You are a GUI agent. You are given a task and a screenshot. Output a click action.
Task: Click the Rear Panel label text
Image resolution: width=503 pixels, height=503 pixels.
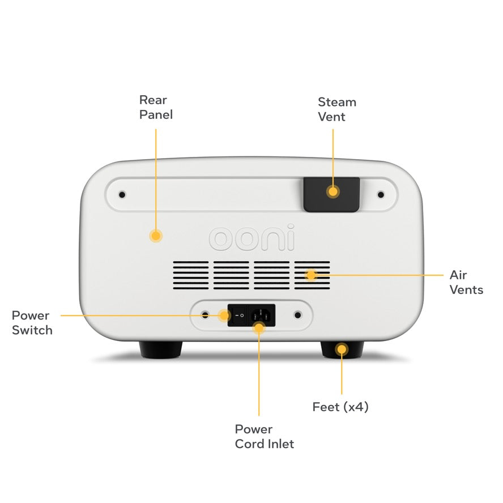[x=156, y=107]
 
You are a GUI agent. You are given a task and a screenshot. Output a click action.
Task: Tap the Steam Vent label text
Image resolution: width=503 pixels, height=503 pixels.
[x=336, y=109]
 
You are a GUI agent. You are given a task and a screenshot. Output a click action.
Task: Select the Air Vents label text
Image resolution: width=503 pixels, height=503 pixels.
[x=466, y=282]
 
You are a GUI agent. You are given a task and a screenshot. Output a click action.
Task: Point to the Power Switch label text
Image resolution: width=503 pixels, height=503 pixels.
[x=32, y=323]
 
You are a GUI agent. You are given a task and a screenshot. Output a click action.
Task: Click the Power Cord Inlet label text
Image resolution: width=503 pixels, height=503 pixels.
[x=265, y=436]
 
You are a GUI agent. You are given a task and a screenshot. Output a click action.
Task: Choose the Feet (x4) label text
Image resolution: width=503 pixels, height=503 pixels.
[x=340, y=407]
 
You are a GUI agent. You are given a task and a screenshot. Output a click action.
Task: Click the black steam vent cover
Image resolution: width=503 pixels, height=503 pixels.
[x=331, y=194]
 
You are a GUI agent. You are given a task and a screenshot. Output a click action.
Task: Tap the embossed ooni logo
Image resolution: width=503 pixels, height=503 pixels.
[x=252, y=239]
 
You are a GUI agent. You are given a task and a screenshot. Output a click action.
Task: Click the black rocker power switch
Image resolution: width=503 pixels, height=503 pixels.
[x=238, y=315]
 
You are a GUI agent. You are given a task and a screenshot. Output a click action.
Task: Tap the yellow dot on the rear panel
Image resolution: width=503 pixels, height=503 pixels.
[x=155, y=236]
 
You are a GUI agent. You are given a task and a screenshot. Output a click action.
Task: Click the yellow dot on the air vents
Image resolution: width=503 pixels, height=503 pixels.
[x=310, y=275]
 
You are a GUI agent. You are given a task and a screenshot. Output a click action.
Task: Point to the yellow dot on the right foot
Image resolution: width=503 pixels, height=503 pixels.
[x=341, y=349]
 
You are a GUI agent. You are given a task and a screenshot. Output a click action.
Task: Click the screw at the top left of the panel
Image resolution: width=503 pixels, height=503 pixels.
[x=122, y=195]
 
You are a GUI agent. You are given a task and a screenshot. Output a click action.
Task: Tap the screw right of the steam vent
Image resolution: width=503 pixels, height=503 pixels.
[x=381, y=195]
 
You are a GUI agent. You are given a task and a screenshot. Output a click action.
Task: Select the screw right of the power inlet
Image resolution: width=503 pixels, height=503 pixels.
[x=297, y=314]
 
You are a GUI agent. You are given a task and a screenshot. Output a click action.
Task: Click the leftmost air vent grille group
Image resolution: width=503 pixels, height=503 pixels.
[x=191, y=275]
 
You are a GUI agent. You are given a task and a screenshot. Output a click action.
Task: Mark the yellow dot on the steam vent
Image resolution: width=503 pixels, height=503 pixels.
[x=333, y=191]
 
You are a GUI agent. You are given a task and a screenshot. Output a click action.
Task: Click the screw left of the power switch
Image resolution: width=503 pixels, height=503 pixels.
[x=205, y=314]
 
